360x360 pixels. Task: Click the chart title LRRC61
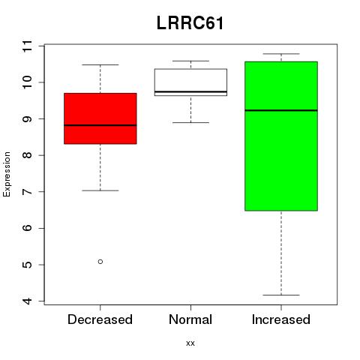[x=190, y=23]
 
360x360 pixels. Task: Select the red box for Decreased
[x=100, y=118]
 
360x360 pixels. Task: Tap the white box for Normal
[x=190, y=82]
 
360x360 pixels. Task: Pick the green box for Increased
[x=281, y=136]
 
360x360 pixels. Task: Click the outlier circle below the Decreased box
[x=100, y=262]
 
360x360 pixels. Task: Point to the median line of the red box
[x=100, y=125]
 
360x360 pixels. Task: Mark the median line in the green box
[x=281, y=110]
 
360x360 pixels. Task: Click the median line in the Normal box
[x=190, y=91]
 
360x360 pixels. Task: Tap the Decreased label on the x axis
[x=100, y=319]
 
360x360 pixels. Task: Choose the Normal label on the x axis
[x=190, y=319]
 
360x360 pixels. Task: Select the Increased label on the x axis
[x=281, y=319]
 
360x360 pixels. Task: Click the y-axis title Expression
[x=7, y=174]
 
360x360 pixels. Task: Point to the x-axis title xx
[x=190, y=343]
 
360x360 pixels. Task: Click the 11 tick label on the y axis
[x=28, y=46]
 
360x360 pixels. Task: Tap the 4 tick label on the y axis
[x=28, y=301]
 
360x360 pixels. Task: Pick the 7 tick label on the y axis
[x=28, y=191]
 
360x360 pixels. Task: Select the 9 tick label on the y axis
[x=28, y=118]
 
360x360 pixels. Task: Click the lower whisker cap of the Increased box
[x=281, y=295]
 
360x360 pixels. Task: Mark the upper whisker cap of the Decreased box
[x=100, y=64]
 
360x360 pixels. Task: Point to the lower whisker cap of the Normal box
[x=190, y=122]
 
